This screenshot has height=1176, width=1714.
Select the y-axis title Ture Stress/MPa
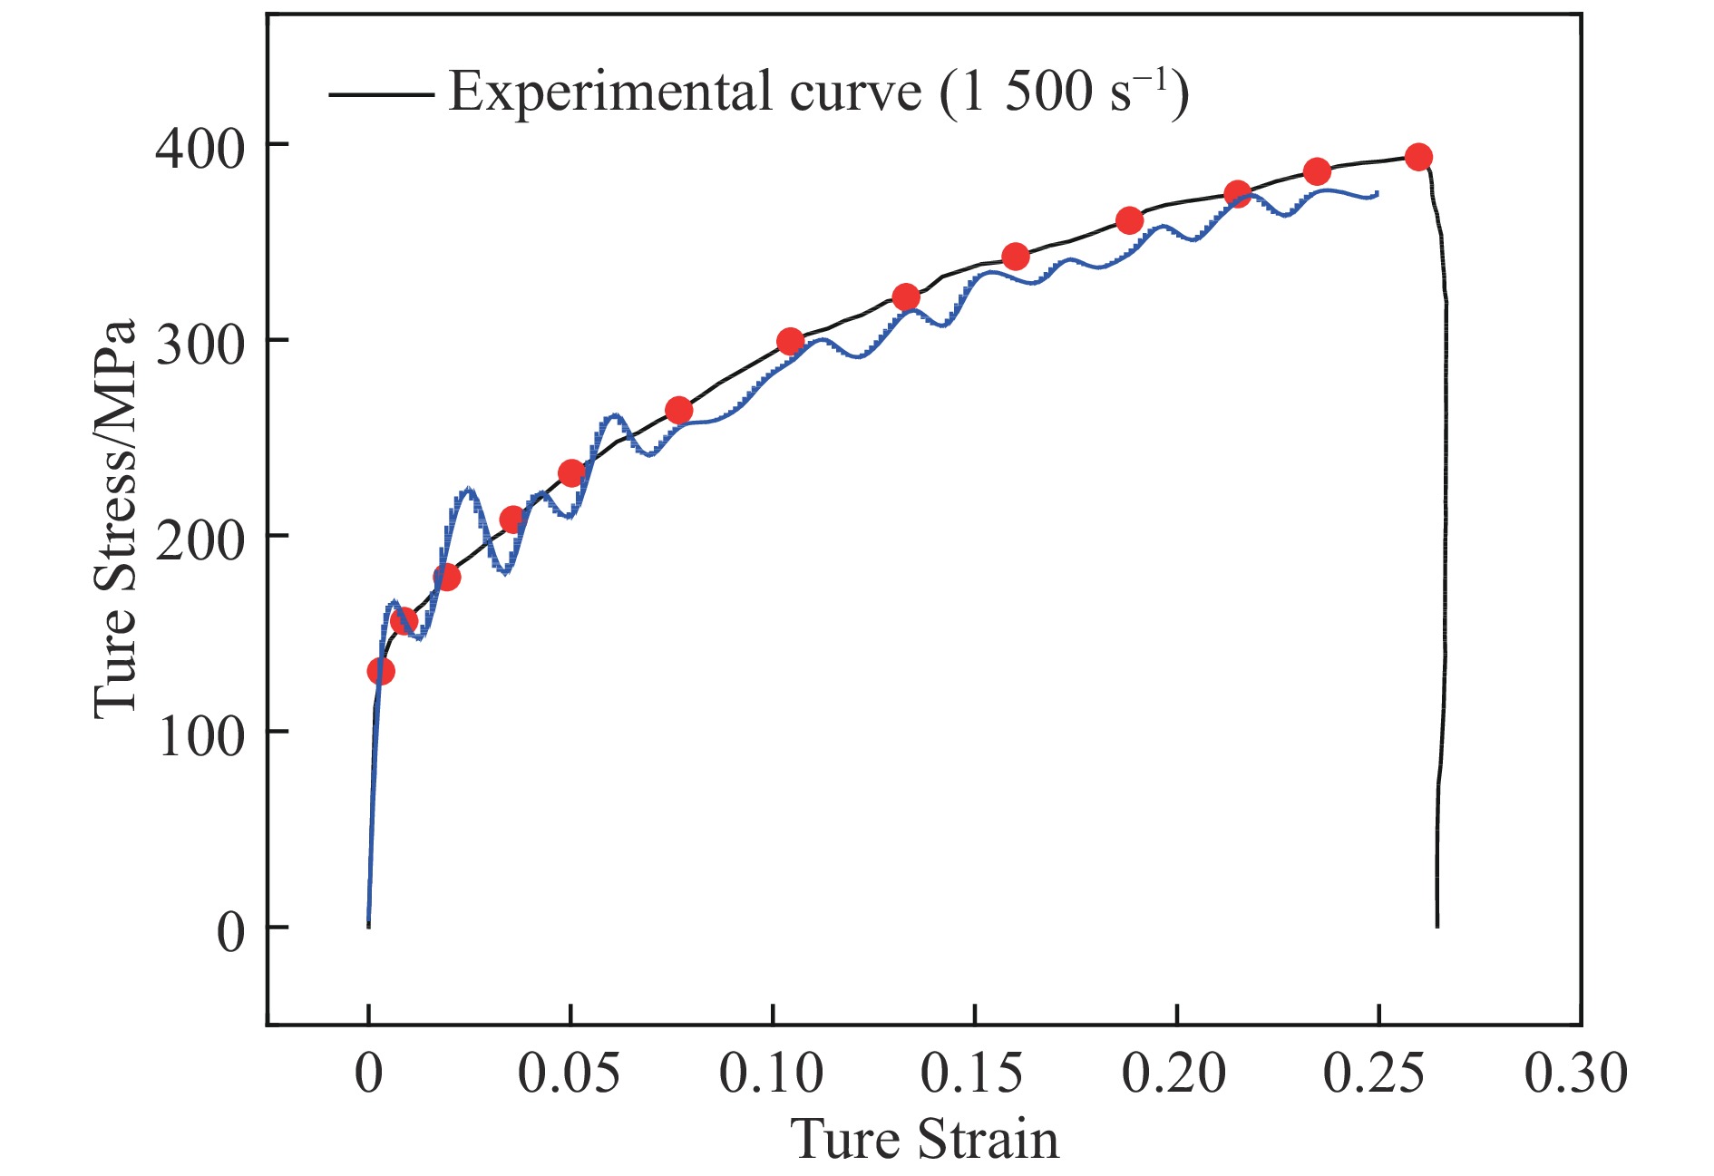[x=115, y=519]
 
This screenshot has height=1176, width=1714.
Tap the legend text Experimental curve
[x=685, y=92]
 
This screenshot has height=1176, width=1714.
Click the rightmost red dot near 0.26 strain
[x=1418, y=157]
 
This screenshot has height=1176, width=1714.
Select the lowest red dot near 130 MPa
[x=381, y=671]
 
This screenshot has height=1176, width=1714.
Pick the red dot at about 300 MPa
[x=790, y=342]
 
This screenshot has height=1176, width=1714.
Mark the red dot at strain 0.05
[x=571, y=473]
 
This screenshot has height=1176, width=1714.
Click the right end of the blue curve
[x=1378, y=193]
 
